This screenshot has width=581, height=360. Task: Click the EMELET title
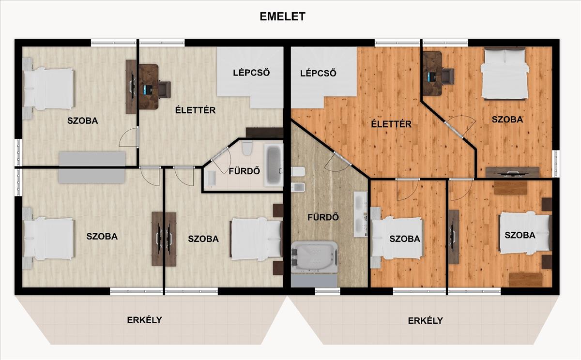282,16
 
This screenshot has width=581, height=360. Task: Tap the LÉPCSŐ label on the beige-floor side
251,72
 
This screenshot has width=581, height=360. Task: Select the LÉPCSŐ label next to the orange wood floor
318,73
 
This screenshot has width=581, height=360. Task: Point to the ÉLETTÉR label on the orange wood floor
391,124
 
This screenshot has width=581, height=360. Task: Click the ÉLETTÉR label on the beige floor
195,110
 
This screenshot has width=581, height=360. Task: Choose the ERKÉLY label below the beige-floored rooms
144,320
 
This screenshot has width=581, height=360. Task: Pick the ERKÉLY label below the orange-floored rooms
426,321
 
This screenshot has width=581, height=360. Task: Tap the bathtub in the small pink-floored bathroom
274,165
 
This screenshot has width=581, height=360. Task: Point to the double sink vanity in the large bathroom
361,214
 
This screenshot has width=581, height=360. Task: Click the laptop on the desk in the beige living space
147,90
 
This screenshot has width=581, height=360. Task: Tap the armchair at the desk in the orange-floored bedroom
448,76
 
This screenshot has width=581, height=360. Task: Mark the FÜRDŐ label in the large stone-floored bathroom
323,217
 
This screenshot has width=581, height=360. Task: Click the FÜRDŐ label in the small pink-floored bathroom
244,171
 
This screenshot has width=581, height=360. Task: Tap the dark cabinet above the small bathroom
264,133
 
